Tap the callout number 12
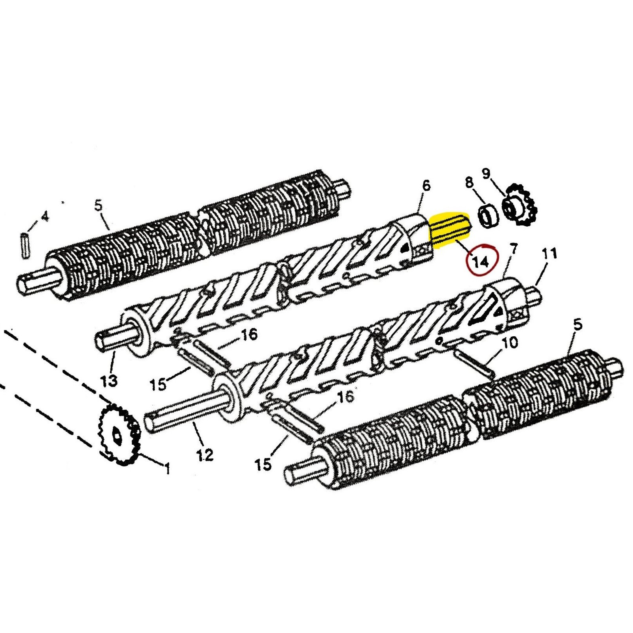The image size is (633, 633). (205, 455)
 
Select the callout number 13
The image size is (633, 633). (109, 381)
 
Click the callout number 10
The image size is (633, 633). (510, 343)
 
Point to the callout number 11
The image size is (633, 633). (549, 254)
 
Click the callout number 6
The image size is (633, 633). (426, 186)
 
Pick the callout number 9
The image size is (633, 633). (486, 173)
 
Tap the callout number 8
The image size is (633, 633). (469, 182)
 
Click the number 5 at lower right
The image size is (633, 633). (578, 325)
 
